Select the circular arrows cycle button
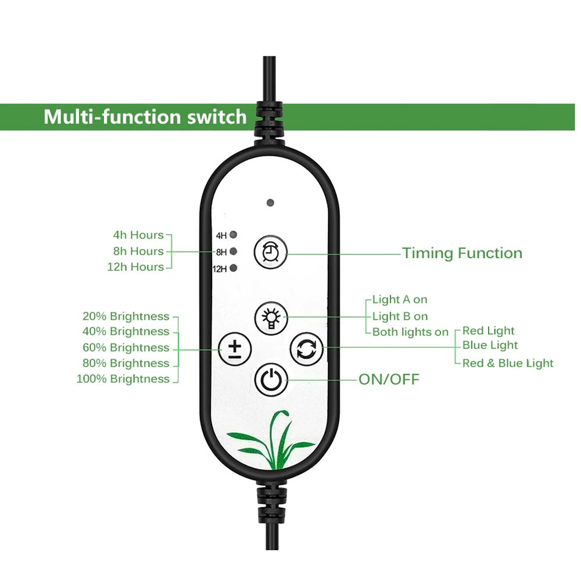coord(306,349)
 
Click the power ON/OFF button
coord(271,380)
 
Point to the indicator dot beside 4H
coord(234,235)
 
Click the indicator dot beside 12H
coord(234,268)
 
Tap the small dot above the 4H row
coord(270,203)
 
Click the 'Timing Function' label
coord(462,253)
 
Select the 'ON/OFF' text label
coord(389,380)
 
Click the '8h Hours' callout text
coord(138,251)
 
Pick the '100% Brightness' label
coord(123,379)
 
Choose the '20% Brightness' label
coord(126,317)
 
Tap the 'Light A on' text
coord(400,300)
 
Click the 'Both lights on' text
coord(410,332)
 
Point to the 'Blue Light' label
coord(490,346)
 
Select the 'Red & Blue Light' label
coord(508,364)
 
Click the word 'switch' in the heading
coord(217,117)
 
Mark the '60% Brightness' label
coord(126,348)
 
